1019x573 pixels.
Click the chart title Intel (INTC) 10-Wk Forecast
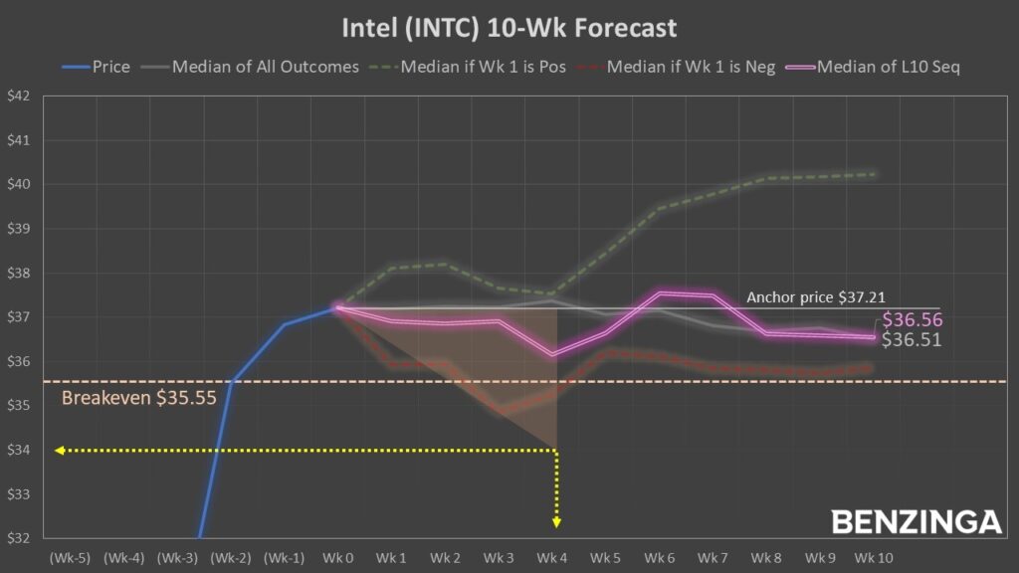pyautogui.click(x=509, y=27)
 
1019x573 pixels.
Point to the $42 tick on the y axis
pyautogui.click(x=18, y=96)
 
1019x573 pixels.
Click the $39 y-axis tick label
pyautogui.click(x=18, y=229)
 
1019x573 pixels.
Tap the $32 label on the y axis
pyautogui.click(x=18, y=538)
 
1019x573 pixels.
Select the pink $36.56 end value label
pyautogui.click(x=913, y=320)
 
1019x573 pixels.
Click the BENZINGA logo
pyautogui.click(x=916, y=521)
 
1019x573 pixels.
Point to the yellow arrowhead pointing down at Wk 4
pyautogui.click(x=556, y=521)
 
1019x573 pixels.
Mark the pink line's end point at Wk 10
pyautogui.click(x=873, y=337)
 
